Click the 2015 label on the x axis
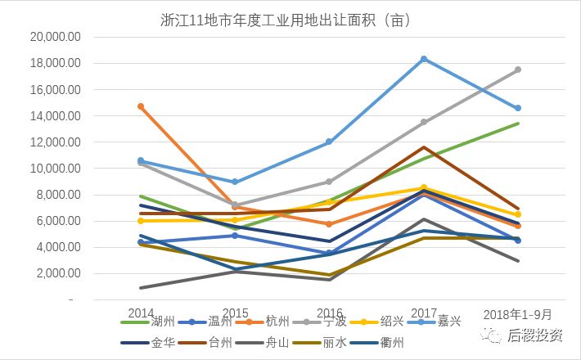pos(236,313)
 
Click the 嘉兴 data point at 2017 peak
pos(424,59)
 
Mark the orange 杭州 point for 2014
pos(142,106)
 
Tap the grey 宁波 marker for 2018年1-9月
pos(518,70)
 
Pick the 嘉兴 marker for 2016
pos(330,142)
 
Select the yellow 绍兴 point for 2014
pos(142,221)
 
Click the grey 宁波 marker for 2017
pos(424,122)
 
